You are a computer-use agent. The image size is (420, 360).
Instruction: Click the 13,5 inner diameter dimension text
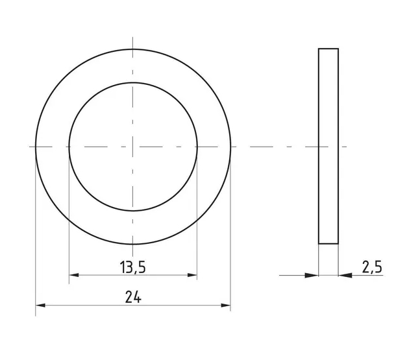point(133,267)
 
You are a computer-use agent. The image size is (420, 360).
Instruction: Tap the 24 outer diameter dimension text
point(133,297)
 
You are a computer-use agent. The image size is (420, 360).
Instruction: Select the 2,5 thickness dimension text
point(372,267)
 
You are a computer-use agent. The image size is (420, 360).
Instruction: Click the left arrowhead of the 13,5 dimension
point(74,275)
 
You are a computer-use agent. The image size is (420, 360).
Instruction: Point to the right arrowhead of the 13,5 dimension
point(192,275)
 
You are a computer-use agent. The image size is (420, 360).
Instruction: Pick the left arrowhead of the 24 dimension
point(40,305)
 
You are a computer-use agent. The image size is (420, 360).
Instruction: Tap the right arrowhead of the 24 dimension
point(225,305)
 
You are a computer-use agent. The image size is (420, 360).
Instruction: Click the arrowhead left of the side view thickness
point(312,275)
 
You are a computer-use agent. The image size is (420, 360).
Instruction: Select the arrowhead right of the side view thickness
point(345,275)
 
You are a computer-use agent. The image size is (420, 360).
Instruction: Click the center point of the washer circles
point(133,147)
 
